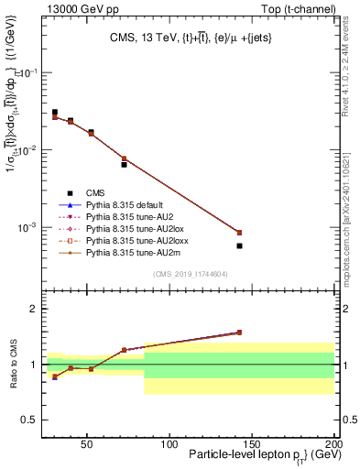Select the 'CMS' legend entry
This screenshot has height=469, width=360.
[94, 192]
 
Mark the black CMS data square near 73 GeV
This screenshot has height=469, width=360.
[124, 165]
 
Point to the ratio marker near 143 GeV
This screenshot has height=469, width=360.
[239, 333]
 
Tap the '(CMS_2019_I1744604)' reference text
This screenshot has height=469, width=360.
[190, 274]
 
